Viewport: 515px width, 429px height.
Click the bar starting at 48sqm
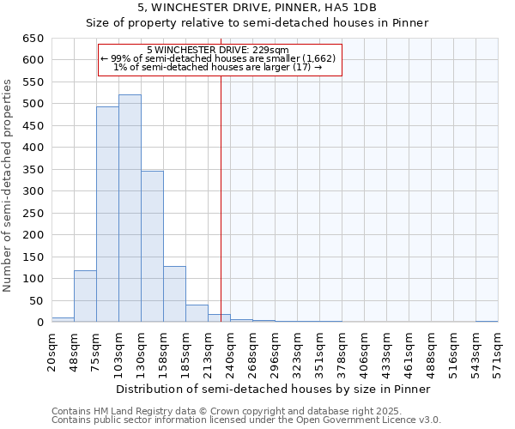(85, 297)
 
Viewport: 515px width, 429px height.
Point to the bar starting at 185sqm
(197, 314)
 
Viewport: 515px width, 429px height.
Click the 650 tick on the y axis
(32, 39)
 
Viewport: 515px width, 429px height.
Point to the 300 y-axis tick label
(32, 191)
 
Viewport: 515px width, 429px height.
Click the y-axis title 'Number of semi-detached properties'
(9, 185)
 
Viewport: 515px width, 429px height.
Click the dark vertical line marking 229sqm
(221, 197)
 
